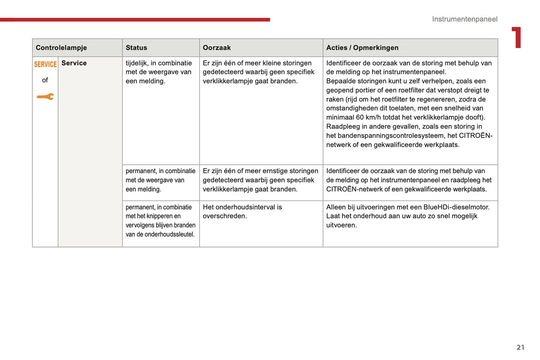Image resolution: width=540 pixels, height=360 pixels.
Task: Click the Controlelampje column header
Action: pos(61,48)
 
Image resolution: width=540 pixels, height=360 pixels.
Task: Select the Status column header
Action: pos(136,48)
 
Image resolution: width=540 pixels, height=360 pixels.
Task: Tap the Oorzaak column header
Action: pos(217,48)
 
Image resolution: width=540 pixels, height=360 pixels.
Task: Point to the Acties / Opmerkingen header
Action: pos(362,48)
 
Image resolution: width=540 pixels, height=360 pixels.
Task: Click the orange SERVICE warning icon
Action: pos(45,64)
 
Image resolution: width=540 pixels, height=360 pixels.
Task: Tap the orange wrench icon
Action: pos(45,97)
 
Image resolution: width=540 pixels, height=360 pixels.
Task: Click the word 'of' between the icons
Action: pos(45,80)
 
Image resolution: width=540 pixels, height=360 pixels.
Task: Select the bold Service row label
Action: pos(74,63)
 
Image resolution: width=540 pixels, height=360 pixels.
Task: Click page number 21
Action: pos(521,347)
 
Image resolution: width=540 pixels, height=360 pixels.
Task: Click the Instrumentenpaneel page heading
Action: pos(465,19)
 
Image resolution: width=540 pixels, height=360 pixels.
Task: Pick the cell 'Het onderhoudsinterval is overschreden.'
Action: pos(242,212)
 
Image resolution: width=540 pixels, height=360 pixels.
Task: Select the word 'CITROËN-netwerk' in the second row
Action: pos(352,189)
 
